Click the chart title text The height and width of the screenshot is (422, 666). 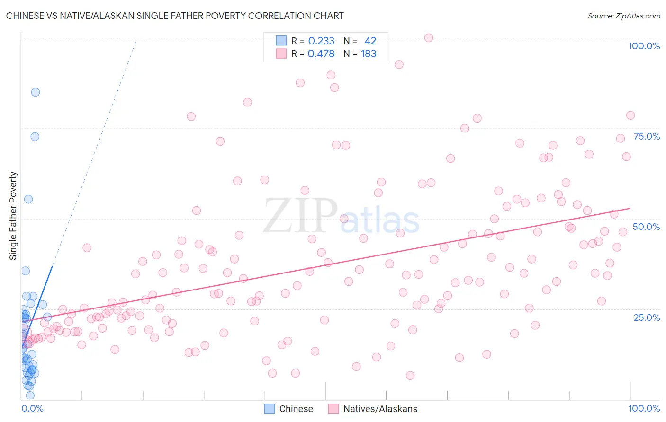(x=175, y=16)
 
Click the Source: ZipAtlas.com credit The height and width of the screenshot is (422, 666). (x=623, y=16)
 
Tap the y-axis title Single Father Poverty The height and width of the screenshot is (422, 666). (x=13, y=215)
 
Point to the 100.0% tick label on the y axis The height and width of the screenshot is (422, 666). (x=644, y=46)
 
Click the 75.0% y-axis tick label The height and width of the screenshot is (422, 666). (x=647, y=136)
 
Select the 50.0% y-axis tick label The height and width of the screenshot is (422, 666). (x=646, y=227)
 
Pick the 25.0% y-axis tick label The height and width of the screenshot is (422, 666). (x=647, y=317)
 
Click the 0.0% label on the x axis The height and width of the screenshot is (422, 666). (x=32, y=408)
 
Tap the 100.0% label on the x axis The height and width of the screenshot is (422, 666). (x=644, y=408)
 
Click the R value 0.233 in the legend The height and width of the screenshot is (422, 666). (x=321, y=41)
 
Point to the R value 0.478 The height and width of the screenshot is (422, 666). (x=321, y=54)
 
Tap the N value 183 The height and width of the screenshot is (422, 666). (x=369, y=54)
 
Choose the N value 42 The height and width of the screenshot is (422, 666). (x=370, y=41)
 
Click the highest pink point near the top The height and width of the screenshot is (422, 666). (x=429, y=38)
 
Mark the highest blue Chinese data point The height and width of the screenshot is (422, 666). (x=36, y=92)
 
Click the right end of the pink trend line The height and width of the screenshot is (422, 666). (x=630, y=208)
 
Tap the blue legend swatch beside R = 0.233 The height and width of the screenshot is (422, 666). (x=281, y=41)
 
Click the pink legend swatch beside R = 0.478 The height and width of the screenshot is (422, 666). (x=281, y=53)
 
